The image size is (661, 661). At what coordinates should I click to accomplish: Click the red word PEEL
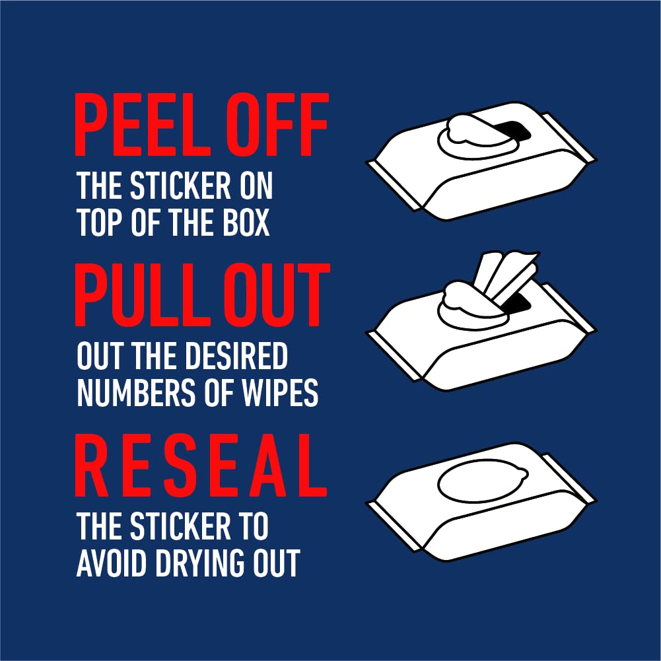tap(142, 125)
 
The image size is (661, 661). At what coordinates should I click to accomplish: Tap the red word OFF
tap(277, 125)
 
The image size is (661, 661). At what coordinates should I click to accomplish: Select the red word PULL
tap(142, 295)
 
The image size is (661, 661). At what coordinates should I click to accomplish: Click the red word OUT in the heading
tap(277, 295)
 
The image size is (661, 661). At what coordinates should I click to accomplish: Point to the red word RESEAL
tap(201, 466)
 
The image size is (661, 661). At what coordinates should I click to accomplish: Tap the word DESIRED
tap(236, 355)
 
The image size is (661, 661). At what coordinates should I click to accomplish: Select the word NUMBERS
tap(137, 393)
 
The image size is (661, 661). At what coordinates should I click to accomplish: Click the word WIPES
tap(280, 393)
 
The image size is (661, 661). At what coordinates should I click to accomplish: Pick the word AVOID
tap(112, 563)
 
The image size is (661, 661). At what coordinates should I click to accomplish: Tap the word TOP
tap(100, 222)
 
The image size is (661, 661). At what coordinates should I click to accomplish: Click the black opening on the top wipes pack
tap(516, 131)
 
